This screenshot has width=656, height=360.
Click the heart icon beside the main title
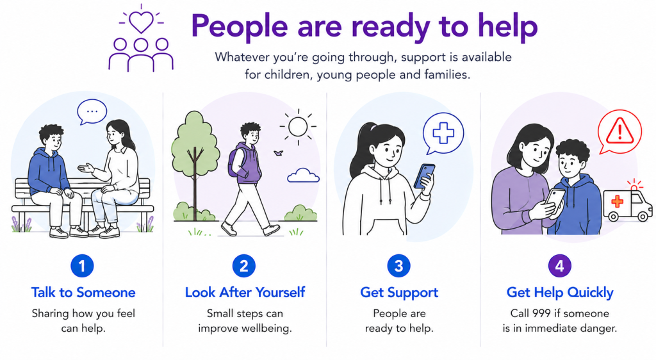141,22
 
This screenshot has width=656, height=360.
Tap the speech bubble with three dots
92,111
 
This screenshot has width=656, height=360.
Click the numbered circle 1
82,266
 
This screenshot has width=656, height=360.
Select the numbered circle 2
244,266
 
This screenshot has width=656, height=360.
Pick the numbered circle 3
398,266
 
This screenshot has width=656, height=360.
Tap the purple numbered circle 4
560,266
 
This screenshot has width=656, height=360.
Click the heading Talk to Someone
83,292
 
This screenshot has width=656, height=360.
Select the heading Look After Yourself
245,292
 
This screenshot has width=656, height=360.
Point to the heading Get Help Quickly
560,293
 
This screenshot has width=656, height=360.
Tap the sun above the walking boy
298,126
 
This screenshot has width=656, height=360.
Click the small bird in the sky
278,153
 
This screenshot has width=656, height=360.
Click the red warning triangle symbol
620,131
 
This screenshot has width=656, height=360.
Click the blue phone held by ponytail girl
424,176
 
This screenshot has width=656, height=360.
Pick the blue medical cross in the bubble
443,133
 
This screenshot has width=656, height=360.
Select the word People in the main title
240,26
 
